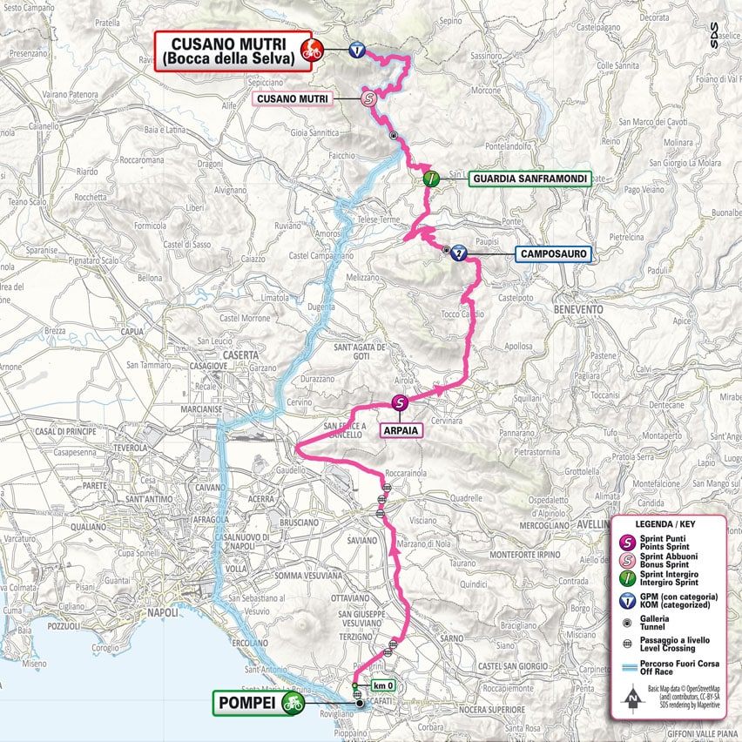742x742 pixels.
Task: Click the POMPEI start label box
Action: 246,704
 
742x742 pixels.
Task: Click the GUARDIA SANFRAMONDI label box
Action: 530,179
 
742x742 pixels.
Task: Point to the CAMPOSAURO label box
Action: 553,254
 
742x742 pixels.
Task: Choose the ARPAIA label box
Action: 399,429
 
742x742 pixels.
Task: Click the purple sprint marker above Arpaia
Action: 400,402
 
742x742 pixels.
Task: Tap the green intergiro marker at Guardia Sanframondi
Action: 430,179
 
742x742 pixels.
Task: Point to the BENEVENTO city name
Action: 577,309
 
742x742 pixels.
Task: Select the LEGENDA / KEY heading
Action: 666,525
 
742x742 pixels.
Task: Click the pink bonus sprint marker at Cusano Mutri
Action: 368,99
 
